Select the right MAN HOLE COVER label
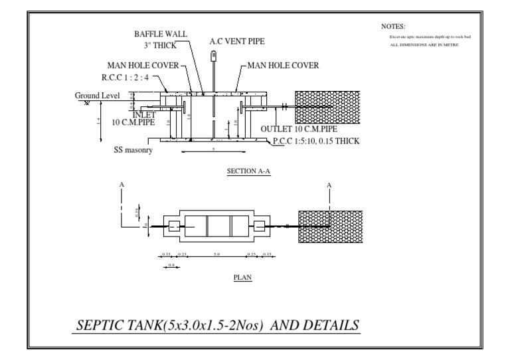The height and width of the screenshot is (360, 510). [284, 66]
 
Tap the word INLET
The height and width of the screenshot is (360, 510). [144, 115]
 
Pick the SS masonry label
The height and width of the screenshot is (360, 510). [133, 151]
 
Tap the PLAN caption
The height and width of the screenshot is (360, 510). [241, 278]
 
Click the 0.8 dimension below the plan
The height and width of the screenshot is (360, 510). [171, 264]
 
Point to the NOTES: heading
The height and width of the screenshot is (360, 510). [393, 26]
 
